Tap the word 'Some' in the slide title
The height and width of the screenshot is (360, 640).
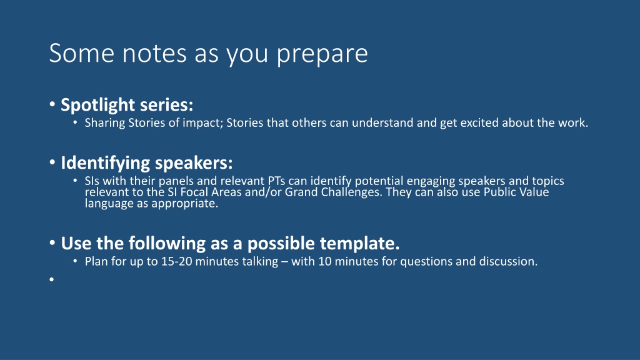coord(82,52)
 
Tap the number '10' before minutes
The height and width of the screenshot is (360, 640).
coord(325,261)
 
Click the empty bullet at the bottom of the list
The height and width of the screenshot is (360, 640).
coord(51,279)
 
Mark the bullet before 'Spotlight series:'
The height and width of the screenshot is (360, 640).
coord(52,104)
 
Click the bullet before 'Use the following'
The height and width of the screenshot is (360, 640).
coord(52,243)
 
